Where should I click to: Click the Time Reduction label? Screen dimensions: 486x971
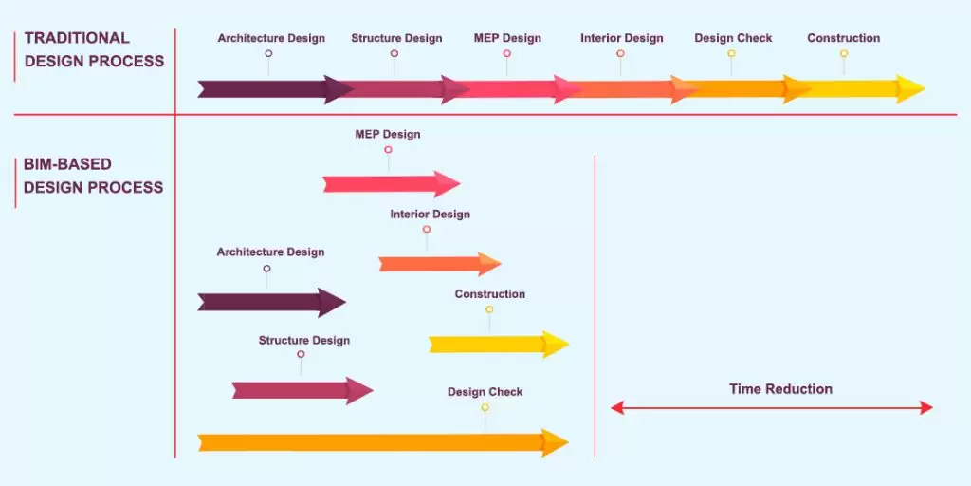(x=780, y=389)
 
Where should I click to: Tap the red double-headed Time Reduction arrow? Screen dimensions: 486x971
(x=771, y=408)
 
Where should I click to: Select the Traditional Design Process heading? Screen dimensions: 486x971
(x=94, y=49)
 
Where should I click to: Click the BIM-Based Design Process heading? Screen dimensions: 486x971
(x=93, y=176)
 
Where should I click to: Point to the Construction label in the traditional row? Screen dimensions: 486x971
(x=843, y=38)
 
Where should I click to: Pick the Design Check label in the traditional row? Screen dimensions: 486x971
(x=733, y=38)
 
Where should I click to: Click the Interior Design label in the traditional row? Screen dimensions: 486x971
(x=622, y=38)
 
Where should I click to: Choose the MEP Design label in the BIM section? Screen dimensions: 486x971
(x=387, y=134)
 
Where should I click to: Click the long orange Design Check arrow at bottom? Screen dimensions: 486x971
(x=379, y=442)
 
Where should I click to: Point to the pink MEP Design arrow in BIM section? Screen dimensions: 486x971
(x=390, y=183)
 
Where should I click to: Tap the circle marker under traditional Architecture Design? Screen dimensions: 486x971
(x=268, y=54)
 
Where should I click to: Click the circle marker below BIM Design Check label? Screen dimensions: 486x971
(x=485, y=407)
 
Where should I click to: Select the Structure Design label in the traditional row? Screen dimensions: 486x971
(x=396, y=38)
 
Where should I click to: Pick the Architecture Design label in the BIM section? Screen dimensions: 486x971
(x=270, y=252)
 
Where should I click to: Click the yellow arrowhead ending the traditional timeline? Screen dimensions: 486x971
(x=910, y=89)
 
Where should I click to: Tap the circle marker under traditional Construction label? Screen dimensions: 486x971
(x=843, y=54)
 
